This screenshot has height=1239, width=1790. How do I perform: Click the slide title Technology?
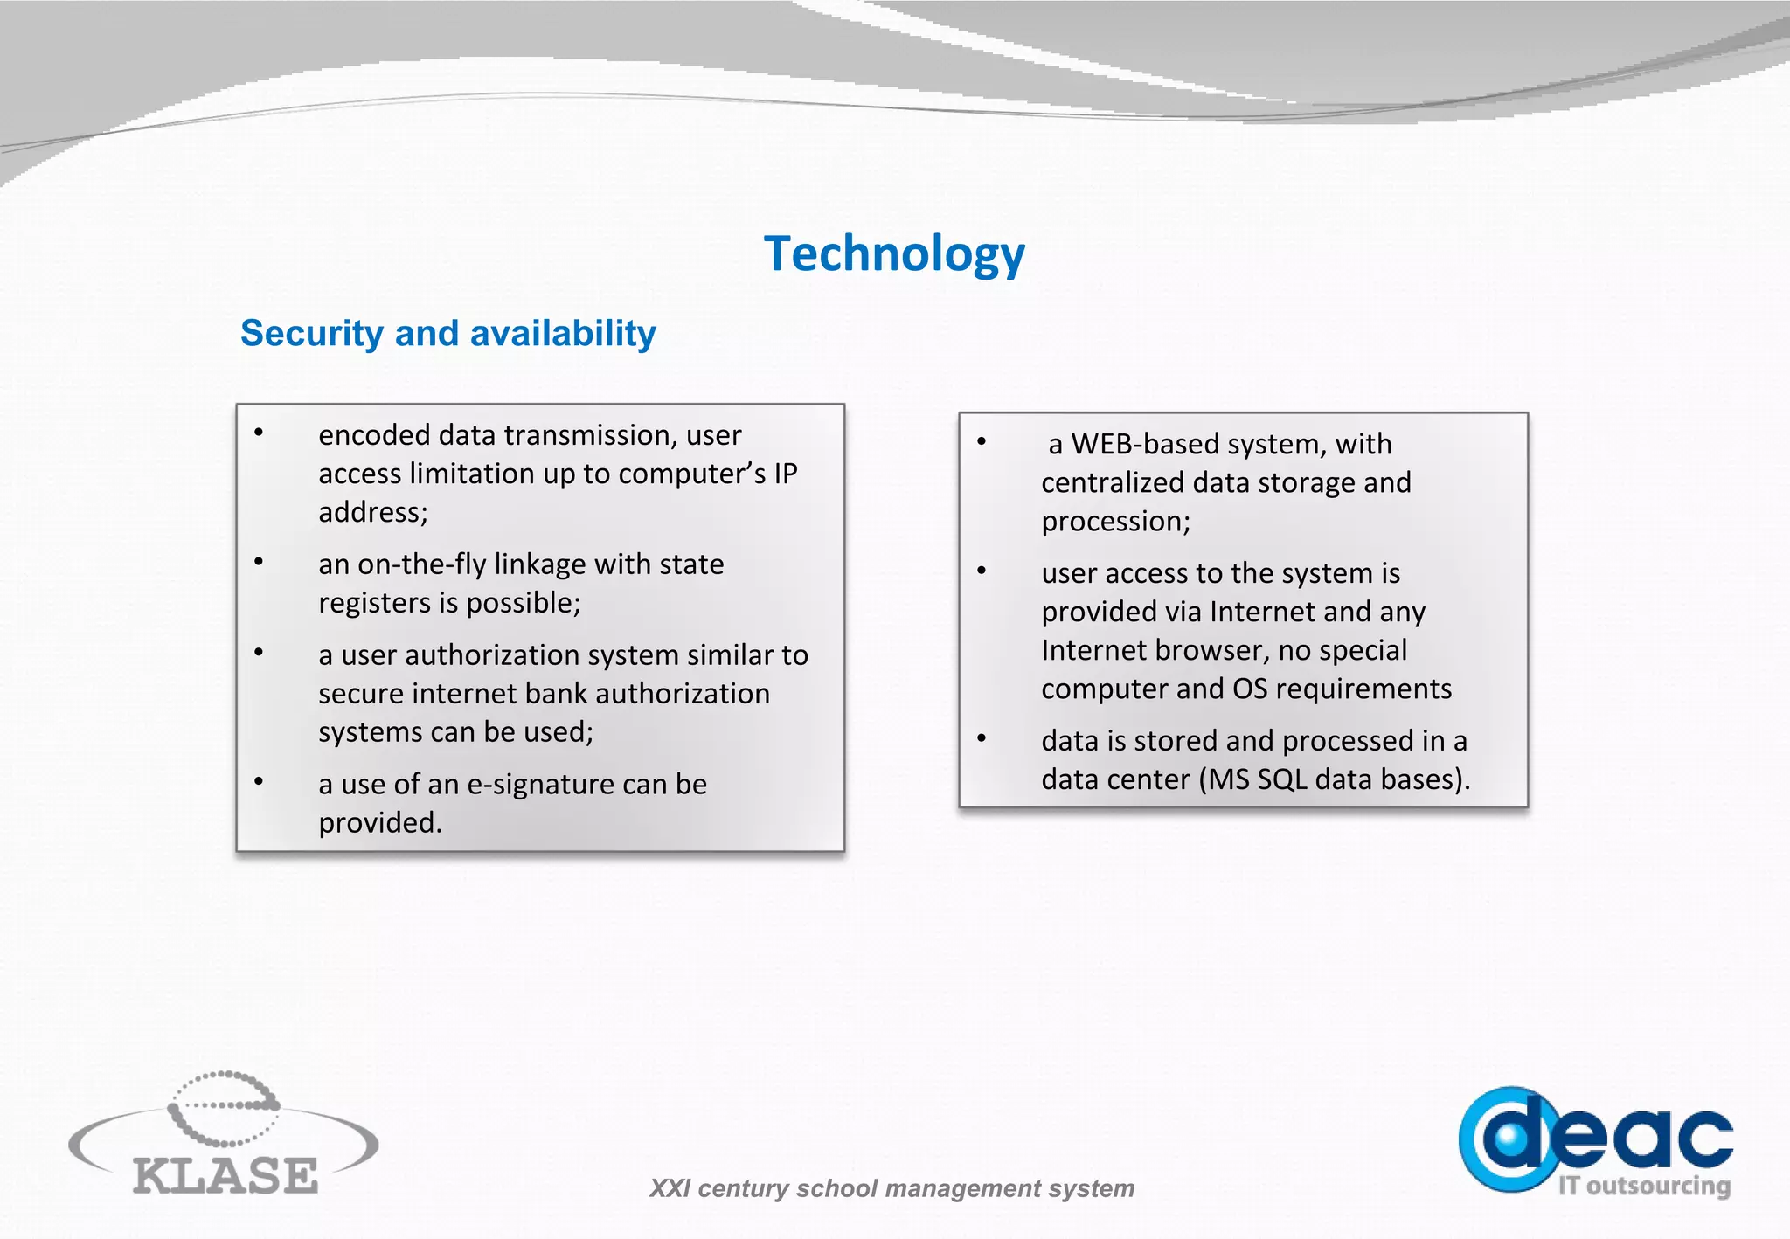point(893,253)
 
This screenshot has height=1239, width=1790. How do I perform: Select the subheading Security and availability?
point(447,333)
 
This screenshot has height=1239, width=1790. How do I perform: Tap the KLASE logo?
point(224,1136)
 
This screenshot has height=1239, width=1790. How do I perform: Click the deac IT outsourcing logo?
point(1596,1141)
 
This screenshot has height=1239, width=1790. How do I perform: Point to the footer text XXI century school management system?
point(892,1188)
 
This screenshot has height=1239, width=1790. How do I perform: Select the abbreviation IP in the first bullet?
point(785,474)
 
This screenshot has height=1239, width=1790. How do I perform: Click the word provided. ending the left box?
point(379,823)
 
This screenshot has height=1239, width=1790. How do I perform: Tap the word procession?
point(1115,522)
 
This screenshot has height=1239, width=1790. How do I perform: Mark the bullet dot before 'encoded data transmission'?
point(259,433)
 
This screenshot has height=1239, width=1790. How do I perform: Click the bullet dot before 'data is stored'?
point(982,739)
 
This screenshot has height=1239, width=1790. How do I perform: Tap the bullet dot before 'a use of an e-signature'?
point(259,782)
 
